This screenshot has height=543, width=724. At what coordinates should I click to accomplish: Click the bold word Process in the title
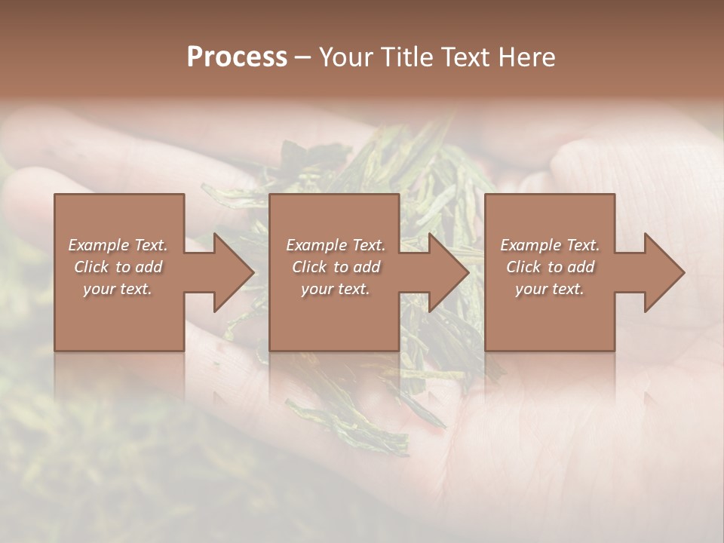[x=237, y=57]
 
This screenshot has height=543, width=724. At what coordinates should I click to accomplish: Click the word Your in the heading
[x=346, y=57]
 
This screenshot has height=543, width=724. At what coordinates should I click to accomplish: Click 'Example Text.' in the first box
[x=118, y=245]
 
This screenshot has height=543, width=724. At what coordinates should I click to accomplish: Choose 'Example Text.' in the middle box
[x=336, y=245]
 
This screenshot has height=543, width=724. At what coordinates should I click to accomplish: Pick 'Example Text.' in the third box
[x=550, y=245]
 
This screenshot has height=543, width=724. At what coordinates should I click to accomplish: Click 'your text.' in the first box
[x=118, y=289]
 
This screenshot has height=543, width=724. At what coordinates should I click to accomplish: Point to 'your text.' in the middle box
[x=336, y=289]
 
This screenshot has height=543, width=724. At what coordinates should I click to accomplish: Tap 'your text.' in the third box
[x=550, y=289]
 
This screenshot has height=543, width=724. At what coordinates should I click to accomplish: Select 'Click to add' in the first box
[x=118, y=267]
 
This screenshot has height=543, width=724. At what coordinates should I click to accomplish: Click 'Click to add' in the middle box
[x=336, y=267]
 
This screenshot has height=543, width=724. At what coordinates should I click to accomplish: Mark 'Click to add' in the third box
[x=550, y=267]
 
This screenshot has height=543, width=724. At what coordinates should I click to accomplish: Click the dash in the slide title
[x=303, y=58]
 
